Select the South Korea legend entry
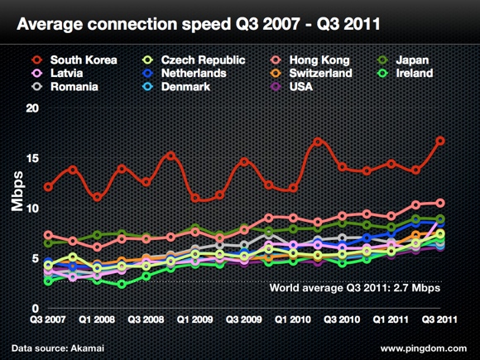[83, 60]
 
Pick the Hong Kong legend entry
[319, 60]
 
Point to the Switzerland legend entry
[320, 74]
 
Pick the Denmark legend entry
[190, 86]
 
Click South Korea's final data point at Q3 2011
[440, 141]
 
